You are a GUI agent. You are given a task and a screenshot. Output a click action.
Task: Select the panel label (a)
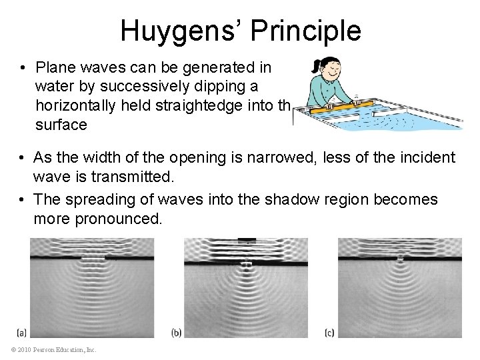pyautogui.click(x=22, y=331)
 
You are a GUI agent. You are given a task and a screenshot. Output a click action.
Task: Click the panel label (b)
pyautogui.click(x=177, y=331)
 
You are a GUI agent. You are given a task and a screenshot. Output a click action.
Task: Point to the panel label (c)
pyautogui.click(x=330, y=331)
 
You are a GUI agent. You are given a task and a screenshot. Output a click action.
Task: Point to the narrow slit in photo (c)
pyautogui.click(x=401, y=257)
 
